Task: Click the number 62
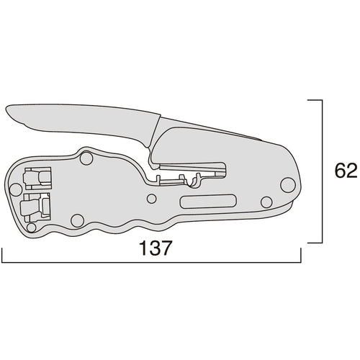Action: pos(346,171)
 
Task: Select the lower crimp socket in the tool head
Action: pos(35,206)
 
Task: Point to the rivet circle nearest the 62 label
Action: pos(288,185)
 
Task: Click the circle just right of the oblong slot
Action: pos(266,202)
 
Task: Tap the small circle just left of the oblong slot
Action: pos(152,199)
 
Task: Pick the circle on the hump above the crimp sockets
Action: pos(86,158)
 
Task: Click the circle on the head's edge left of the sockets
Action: pos(14,189)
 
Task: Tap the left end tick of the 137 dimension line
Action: pos(2,256)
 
